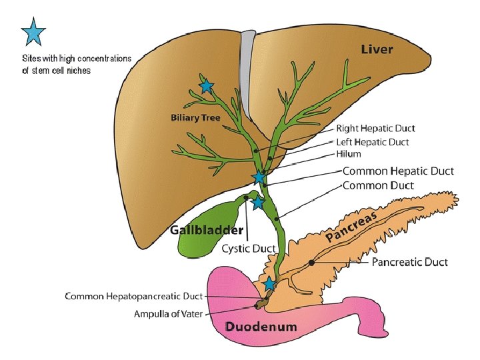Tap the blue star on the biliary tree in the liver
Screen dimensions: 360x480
click(206, 86)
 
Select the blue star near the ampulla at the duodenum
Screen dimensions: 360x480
click(269, 284)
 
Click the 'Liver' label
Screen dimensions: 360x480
click(377, 49)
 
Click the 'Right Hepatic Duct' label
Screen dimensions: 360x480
click(375, 128)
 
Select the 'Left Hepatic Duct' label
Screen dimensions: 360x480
click(373, 141)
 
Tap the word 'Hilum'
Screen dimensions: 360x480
click(348, 153)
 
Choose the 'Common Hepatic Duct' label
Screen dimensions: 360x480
click(397, 171)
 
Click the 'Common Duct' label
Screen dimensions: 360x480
click(378, 185)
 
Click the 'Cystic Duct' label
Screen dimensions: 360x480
click(249, 249)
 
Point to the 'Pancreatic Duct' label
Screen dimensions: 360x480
click(409, 262)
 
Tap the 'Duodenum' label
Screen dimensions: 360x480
click(261, 327)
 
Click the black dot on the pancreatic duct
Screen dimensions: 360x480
click(311, 263)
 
